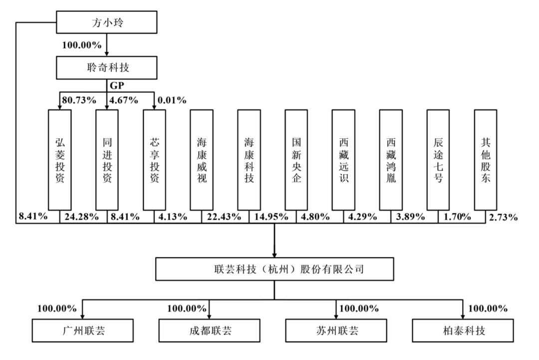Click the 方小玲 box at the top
pyautogui.click(x=107, y=22)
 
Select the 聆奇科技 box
pyautogui.click(x=107, y=67)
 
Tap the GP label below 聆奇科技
pyautogui.click(x=117, y=85)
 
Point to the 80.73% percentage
pyautogui.click(x=79, y=100)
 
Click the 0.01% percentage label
pyautogui.click(x=172, y=100)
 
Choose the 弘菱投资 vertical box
pyautogui.click(x=60, y=160)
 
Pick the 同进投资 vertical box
pyautogui.click(x=107, y=160)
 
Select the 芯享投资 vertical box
pyautogui.click(x=154, y=160)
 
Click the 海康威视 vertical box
pyautogui.click(x=202, y=160)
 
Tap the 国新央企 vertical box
pyautogui.click(x=296, y=160)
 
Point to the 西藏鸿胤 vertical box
pyautogui.click(x=391, y=160)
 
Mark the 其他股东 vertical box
pyautogui.click(x=486, y=160)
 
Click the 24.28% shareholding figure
pyautogui.click(x=81, y=217)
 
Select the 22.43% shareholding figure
pyautogui.click(x=224, y=217)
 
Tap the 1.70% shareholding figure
pyautogui.click(x=457, y=217)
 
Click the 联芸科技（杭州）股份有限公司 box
pyautogui.click(x=274, y=269)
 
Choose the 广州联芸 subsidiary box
pyautogui.click(x=82, y=331)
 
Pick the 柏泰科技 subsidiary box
pyautogui.click(x=463, y=331)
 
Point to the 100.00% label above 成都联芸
pyautogui.click(x=187, y=309)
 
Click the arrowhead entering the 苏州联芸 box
pyautogui.click(x=336, y=317)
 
